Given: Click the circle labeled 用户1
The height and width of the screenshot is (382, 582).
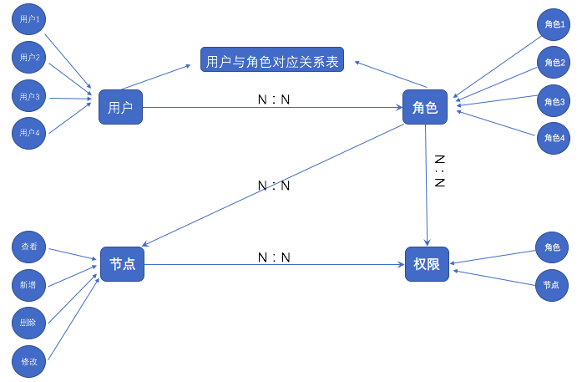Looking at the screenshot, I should pos(29,18).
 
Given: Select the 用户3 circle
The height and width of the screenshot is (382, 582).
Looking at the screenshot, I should pos(29,97).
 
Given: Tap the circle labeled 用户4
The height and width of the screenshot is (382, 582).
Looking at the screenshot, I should pos(29,133).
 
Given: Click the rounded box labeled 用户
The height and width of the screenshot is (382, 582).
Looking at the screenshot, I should pos(120,106).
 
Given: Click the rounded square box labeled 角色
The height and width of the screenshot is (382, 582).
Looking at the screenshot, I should pos(425,106).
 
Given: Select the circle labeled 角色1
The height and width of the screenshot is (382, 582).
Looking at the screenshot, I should pos(554,25).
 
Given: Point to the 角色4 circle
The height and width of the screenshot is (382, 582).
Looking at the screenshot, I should pos(554,138).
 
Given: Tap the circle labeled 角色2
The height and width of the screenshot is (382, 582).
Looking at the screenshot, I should pos(554,63).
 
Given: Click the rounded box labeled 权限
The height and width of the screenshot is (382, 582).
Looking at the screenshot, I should pos(427,264).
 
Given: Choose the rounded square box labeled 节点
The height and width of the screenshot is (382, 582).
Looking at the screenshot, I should pos(123,264).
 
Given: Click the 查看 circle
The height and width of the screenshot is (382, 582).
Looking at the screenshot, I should pos(29,247).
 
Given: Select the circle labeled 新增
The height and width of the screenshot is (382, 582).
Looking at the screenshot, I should pos(29,285).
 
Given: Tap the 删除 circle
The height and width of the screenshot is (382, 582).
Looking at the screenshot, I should pos(29,323).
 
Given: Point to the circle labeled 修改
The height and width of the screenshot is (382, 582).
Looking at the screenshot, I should pos(29,362).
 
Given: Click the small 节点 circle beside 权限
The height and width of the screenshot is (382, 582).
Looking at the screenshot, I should pos(551,285).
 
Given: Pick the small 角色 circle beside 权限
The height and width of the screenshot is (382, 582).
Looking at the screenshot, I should pos(551,247).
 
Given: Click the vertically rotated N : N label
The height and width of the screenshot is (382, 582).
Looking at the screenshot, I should pos(439,171).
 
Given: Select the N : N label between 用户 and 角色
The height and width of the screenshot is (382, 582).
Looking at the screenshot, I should pos(274,99).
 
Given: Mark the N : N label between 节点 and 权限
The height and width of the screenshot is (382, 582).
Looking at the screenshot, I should pos(274,257).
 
